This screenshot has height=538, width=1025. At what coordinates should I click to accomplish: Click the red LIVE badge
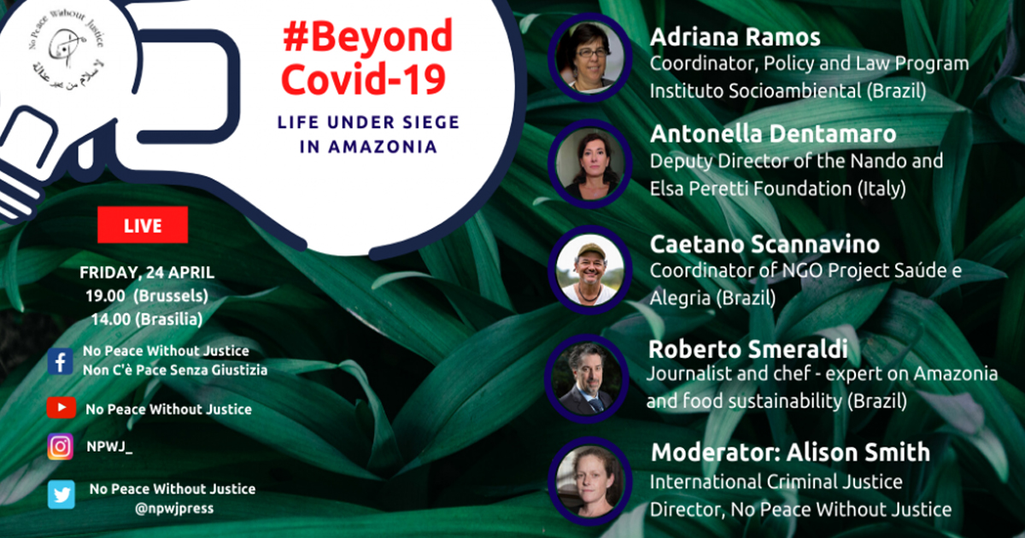coord(143,225)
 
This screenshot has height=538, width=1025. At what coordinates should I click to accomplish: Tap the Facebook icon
coord(61,361)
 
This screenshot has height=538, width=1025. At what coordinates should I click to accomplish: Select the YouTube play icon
coord(61,407)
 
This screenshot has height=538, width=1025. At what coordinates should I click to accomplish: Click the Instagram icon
coord(61,447)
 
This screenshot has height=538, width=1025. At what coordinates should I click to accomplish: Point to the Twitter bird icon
coord(61,494)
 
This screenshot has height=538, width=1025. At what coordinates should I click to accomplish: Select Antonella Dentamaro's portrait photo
coord(590,164)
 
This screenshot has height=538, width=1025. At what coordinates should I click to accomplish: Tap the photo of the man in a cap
coord(590,270)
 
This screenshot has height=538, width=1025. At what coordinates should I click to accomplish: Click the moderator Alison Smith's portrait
coord(590,482)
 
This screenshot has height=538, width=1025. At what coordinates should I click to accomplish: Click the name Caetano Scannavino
coord(764,244)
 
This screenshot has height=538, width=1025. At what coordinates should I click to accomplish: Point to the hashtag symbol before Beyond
coord(296,38)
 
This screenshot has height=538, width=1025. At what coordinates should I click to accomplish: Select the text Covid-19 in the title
coord(363,79)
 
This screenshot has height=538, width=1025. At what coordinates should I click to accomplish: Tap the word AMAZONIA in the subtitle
coord(382,147)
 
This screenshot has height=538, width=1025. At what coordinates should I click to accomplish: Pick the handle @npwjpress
coord(174,508)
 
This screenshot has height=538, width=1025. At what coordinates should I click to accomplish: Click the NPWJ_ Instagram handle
coord(109,447)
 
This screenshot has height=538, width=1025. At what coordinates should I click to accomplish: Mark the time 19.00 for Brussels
coord(105,296)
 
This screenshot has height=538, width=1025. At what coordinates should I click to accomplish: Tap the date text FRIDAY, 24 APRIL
coord(147,272)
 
